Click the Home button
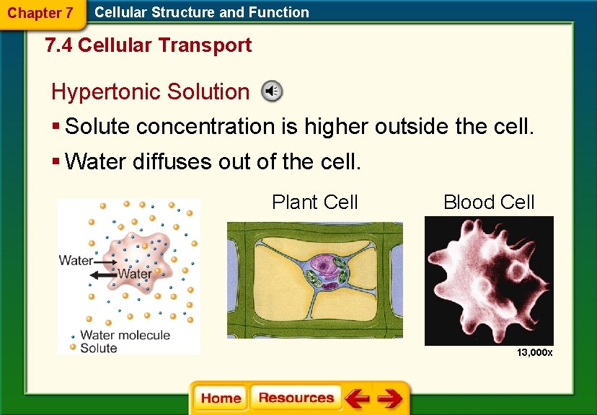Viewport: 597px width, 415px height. pos(221,398)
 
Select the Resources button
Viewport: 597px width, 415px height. pos(296,398)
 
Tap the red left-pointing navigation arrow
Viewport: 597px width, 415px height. pos(356,398)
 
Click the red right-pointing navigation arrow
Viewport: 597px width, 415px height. pos(390,398)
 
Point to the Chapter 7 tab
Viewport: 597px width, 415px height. pos(40,13)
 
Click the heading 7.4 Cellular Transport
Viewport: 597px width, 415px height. pos(148,45)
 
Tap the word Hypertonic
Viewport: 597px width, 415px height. pos(106,92)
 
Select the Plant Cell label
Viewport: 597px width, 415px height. pos(314,202)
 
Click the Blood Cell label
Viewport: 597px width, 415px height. pos(489,202)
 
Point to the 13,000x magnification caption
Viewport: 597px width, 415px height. pos(534,352)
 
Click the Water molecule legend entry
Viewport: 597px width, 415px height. pos(124,335)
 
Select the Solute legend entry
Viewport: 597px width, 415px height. pos(98,348)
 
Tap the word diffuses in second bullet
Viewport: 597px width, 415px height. pos(171,161)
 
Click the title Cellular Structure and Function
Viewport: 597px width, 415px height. pos(202,12)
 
